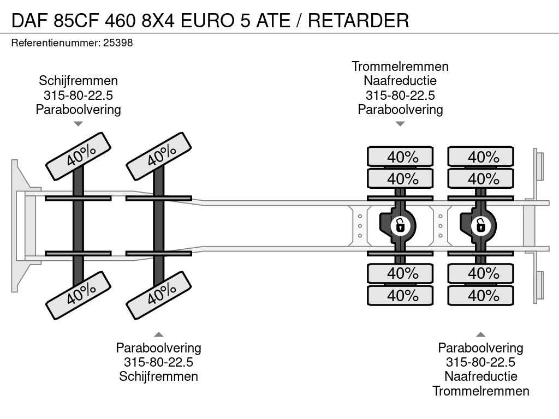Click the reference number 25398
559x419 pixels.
[118, 43]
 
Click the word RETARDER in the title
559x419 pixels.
[358, 20]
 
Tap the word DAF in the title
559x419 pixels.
[29, 20]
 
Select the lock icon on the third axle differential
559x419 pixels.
[400, 225]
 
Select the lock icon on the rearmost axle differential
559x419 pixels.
[480, 225]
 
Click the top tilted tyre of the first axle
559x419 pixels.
[78, 156]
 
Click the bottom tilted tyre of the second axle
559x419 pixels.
[159, 295]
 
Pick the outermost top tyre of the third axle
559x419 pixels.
[400, 157]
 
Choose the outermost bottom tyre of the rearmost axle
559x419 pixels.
[480, 295]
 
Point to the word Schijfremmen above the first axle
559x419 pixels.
[79, 81]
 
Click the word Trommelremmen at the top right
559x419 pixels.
[400, 67]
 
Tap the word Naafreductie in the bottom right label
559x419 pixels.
[481, 376]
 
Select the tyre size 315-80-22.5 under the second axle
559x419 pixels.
[159, 362]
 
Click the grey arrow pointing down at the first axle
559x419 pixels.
[79, 124]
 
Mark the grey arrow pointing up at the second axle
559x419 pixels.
[159, 334]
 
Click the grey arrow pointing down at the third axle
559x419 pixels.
[400, 124]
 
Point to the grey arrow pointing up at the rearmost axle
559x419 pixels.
[480, 334]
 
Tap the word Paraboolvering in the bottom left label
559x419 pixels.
[159, 348]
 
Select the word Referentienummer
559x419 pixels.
[56, 43]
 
